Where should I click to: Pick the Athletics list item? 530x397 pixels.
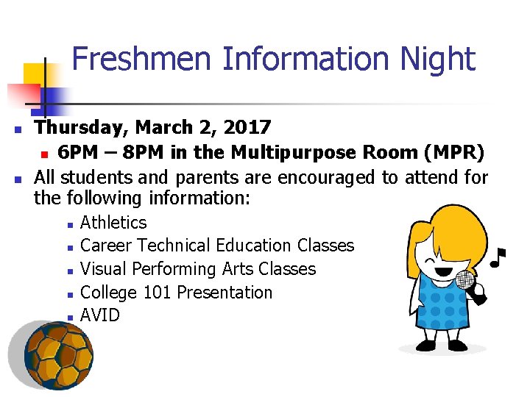pos(113,223)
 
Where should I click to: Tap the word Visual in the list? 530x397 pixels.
pos(104,269)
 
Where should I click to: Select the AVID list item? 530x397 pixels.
pos(99,315)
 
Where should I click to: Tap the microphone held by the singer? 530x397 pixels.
pos(466,280)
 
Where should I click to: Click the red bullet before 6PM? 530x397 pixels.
pos(44,154)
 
